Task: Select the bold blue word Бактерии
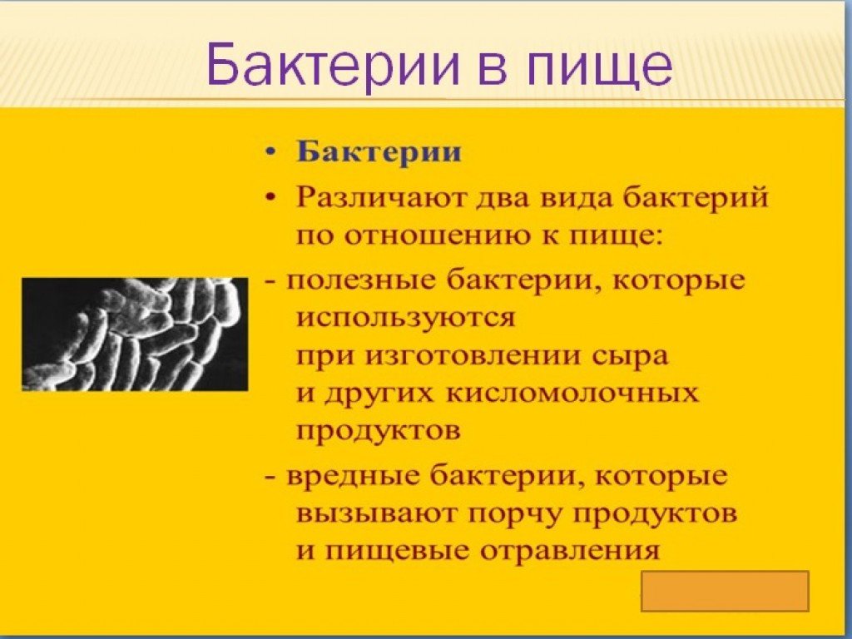379,152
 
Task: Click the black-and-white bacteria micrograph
134,334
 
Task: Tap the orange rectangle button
725,591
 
